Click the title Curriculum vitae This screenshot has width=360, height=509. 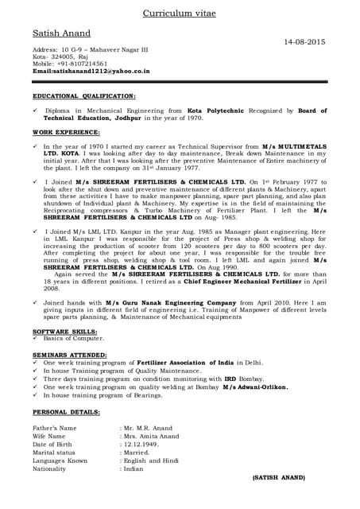pyautogui.click(x=180, y=14)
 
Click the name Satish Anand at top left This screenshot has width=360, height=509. pyautogui.click(x=61, y=33)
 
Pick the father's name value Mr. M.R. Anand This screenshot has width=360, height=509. pyautogui.click(x=148, y=428)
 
